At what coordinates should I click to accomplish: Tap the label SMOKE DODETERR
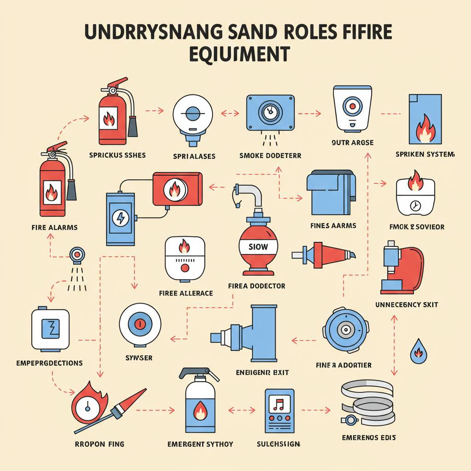270,156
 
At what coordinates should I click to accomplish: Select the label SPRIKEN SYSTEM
425,155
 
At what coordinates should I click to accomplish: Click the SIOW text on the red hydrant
258,247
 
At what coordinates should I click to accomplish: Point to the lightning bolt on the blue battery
121,218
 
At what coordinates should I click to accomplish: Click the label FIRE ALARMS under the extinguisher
55,227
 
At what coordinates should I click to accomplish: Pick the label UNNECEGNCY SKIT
407,304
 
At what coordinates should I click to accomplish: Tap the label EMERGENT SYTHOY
200,444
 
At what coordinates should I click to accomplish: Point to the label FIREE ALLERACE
186,293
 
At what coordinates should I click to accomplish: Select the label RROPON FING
99,444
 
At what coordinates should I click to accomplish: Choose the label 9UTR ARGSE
353,143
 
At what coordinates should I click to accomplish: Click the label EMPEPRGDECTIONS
49,363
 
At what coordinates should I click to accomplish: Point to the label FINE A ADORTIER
344,365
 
